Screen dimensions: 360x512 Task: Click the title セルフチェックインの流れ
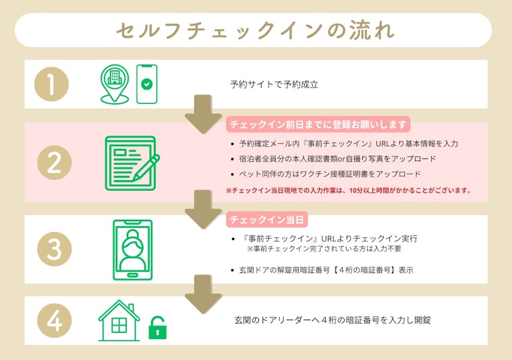coord(255,31)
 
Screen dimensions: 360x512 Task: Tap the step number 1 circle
coord(52,84)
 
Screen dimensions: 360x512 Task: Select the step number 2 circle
coord(52,162)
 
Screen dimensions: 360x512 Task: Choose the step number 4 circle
coord(52,321)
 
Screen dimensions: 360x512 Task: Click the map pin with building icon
coord(113,83)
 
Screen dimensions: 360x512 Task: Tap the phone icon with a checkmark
coord(146,84)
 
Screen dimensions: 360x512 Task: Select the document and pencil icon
coord(132,162)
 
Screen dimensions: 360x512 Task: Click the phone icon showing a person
coord(132,249)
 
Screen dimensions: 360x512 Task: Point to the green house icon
coord(119,321)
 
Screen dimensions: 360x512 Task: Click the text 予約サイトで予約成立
coord(273,85)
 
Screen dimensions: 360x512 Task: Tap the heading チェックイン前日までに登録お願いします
coord(318,125)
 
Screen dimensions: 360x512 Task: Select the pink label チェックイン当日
coord(265,220)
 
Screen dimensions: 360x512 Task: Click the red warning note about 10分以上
coord(348,191)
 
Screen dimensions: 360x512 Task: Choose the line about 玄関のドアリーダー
coord(333,320)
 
